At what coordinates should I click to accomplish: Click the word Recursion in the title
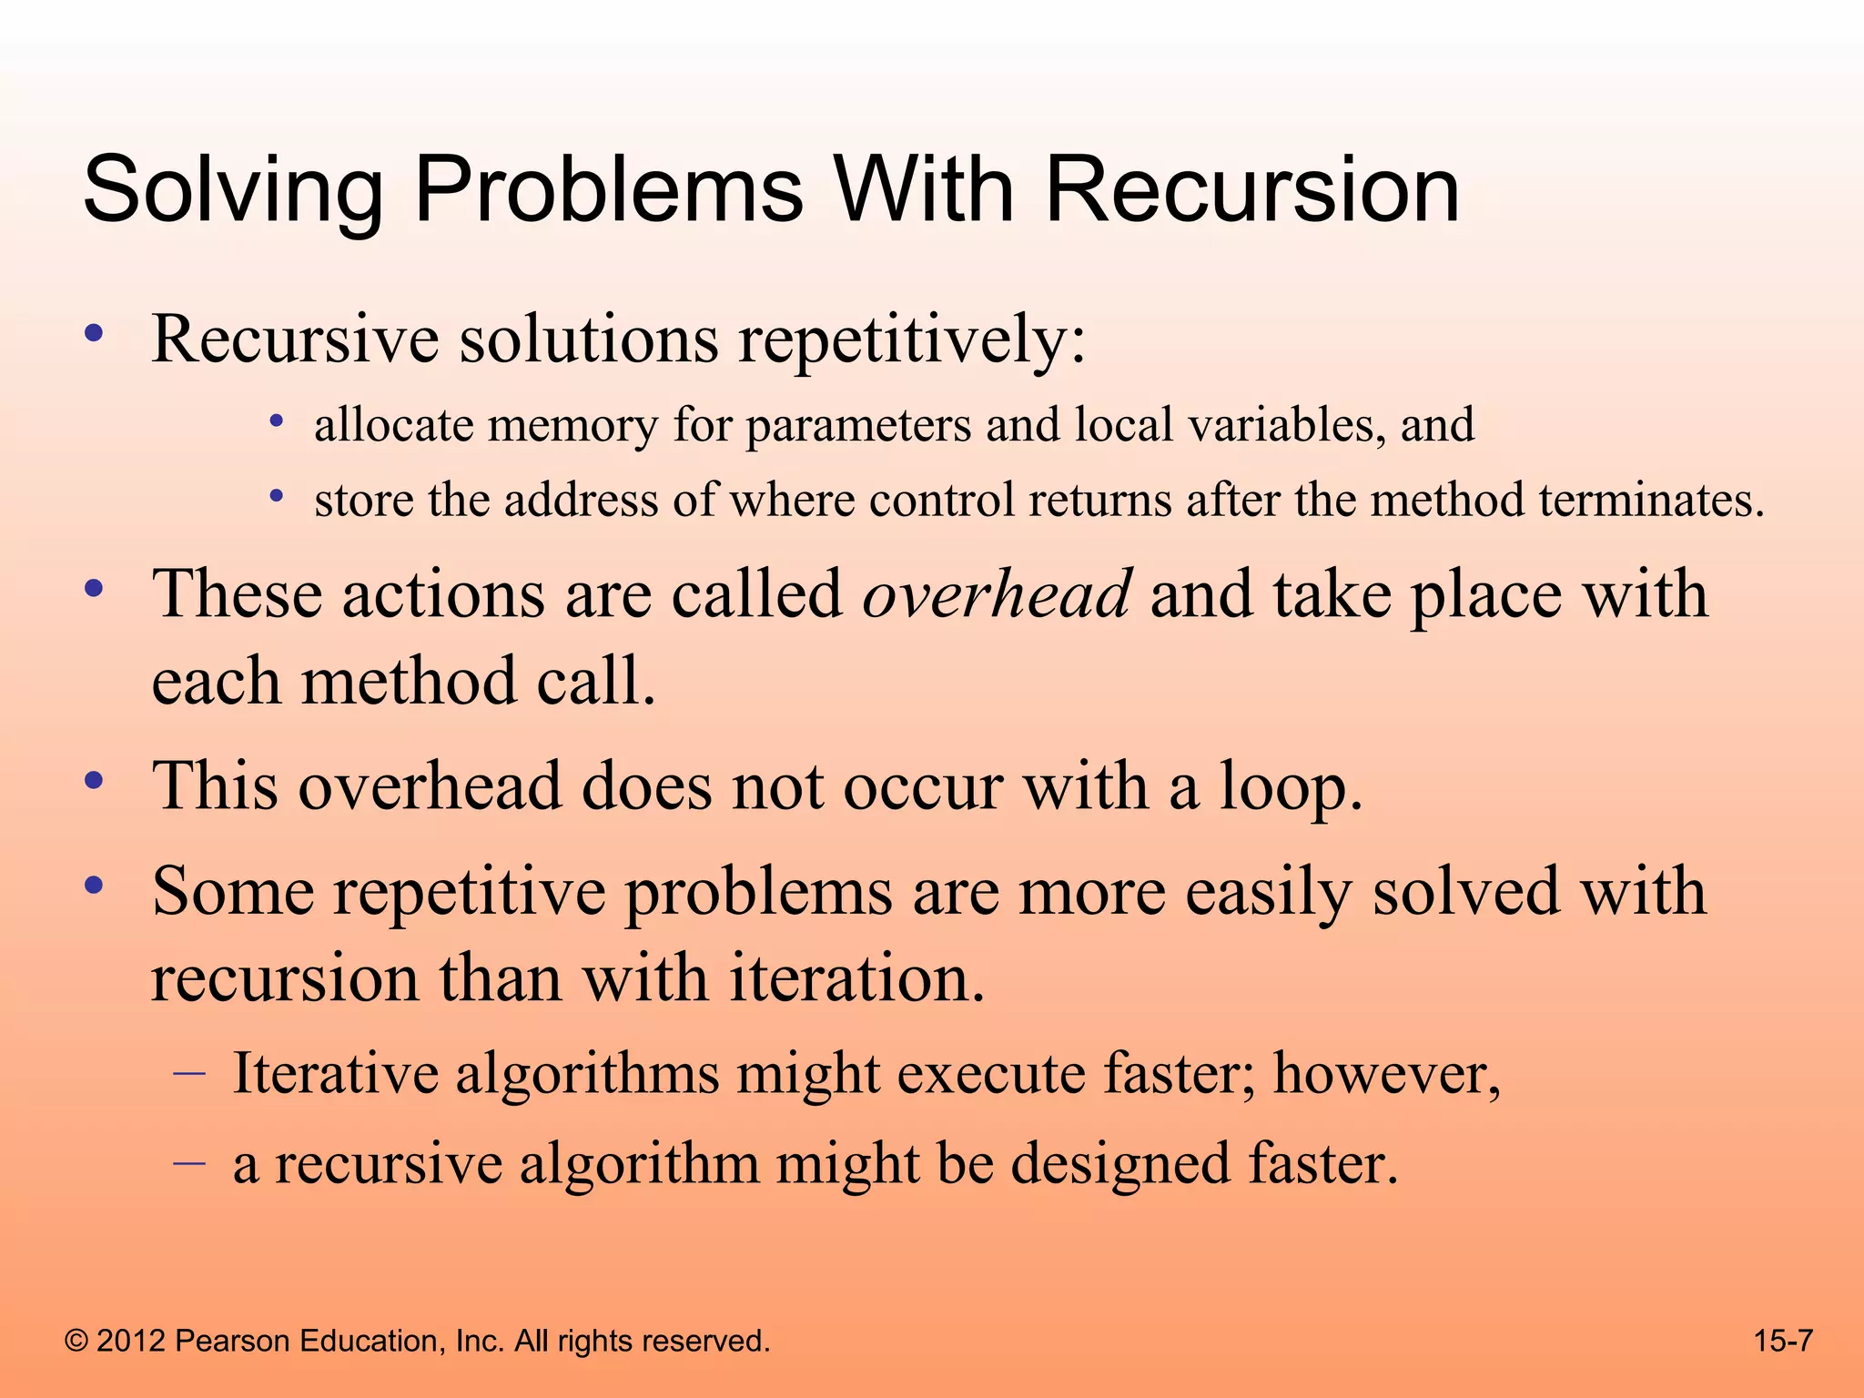[x=1251, y=191]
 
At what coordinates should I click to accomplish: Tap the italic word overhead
[x=997, y=593]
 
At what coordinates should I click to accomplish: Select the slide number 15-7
[x=1783, y=1341]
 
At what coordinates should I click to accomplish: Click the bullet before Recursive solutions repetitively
[x=93, y=335]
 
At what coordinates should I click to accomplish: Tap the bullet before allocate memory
[x=278, y=421]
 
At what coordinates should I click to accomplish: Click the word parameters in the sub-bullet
[x=858, y=426]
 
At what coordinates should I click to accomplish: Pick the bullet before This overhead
[x=93, y=781]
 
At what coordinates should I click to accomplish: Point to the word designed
[x=1120, y=1164]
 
